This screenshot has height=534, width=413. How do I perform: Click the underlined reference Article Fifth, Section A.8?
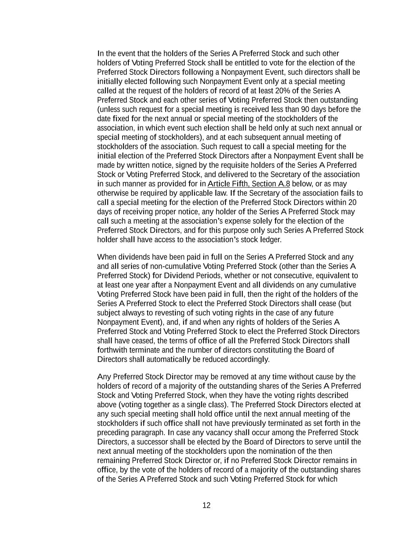tap(249, 184)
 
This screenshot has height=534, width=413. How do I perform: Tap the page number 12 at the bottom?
tap(206, 505)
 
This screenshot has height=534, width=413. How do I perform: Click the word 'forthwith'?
tap(112, 350)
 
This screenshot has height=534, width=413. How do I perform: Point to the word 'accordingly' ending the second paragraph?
tap(251, 359)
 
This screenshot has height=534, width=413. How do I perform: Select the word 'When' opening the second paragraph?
tap(106, 257)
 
